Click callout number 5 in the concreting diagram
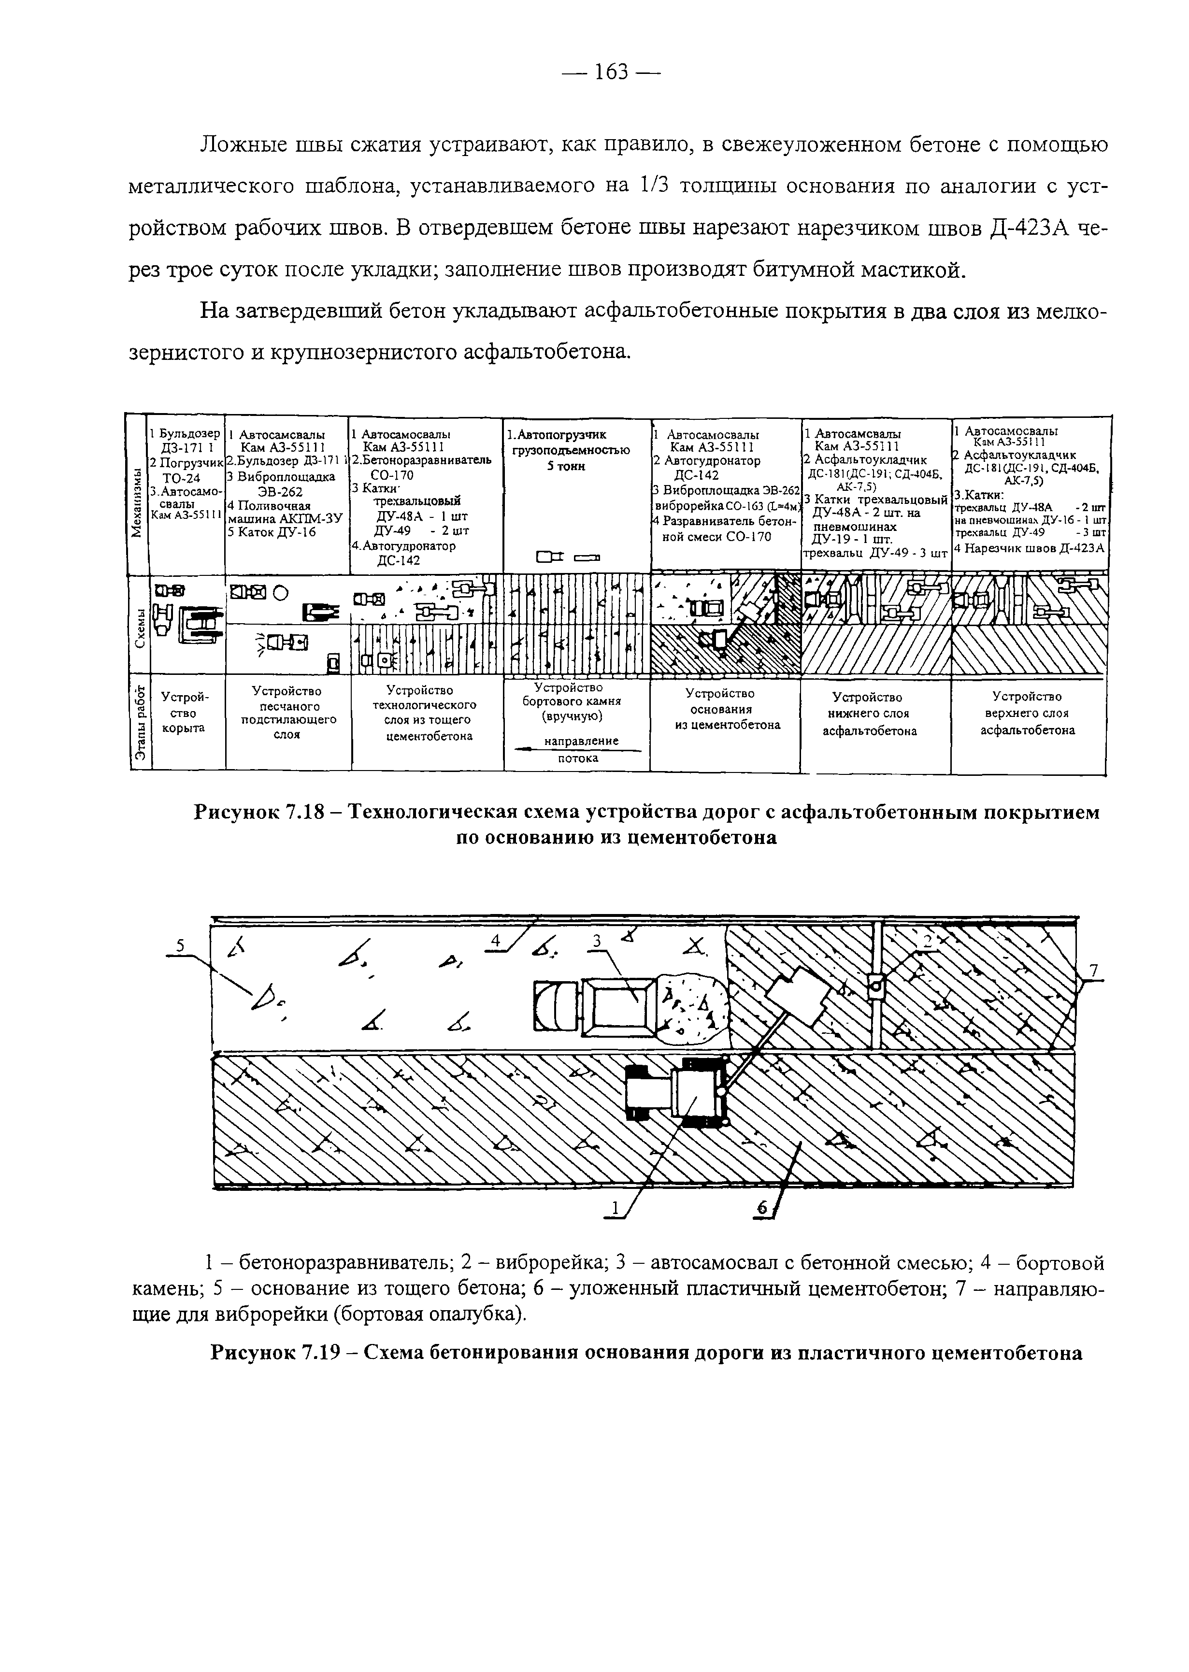point(180,947)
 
